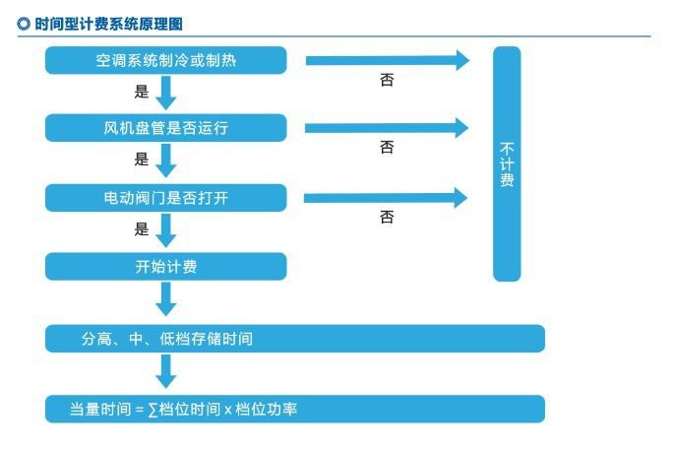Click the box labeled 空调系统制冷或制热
(x=166, y=60)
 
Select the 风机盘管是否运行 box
(x=166, y=128)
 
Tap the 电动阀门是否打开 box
(x=166, y=197)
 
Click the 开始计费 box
(x=166, y=266)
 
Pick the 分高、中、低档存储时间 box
(x=295, y=339)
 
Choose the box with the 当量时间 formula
(x=295, y=409)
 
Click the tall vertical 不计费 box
(x=507, y=163)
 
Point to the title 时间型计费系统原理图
(x=108, y=23)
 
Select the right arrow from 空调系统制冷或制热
(x=388, y=60)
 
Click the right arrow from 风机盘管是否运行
(x=388, y=128)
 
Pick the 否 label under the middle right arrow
(x=387, y=148)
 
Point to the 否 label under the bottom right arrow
(x=387, y=217)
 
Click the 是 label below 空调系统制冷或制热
(x=141, y=93)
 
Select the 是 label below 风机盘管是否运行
(x=141, y=160)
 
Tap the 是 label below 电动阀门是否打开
(x=141, y=229)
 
